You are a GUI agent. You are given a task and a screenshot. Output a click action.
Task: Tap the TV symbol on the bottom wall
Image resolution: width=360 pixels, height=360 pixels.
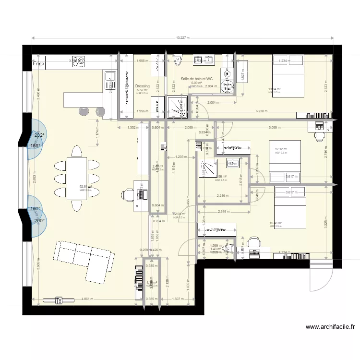(x=59, y=301)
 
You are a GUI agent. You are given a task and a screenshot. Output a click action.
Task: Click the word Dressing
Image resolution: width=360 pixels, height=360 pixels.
(x=143, y=86)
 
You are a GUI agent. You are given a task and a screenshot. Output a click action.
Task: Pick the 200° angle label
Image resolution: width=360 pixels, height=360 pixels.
(x=39, y=220)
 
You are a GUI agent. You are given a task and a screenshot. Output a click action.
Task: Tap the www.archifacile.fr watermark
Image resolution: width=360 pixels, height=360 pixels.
(x=330, y=327)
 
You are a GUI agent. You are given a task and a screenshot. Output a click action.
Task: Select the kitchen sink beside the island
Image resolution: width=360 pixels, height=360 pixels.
(x=109, y=76)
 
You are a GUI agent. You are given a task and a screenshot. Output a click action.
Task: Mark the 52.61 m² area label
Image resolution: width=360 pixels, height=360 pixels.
(x=85, y=187)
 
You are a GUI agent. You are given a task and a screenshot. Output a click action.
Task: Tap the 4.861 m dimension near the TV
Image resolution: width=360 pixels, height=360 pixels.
(x=87, y=299)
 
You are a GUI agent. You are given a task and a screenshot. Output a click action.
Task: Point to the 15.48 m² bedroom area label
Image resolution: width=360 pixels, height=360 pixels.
(x=278, y=223)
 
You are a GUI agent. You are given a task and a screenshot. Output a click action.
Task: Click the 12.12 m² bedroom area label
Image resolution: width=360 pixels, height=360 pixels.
(x=281, y=149)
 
